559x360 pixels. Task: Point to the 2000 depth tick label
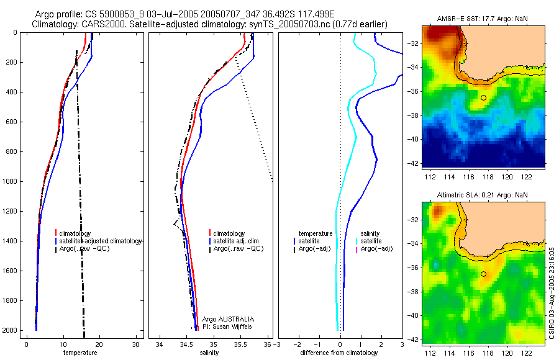click(x=11, y=330)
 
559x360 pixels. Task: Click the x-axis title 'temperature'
click(x=81, y=353)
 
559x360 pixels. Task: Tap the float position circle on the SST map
click(x=483, y=97)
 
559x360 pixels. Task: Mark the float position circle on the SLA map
click(x=483, y=273)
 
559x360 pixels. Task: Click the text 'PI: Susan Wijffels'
click(x=229, y=326)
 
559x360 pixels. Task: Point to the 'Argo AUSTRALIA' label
click(x=229, y=319)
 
